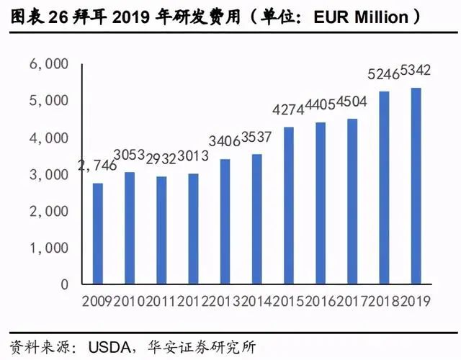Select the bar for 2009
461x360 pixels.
[97, 234]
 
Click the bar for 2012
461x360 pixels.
[193, 229]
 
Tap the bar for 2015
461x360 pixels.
[288, 206]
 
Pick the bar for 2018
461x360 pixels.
[384, 188]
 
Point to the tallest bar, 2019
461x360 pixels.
[416, 186]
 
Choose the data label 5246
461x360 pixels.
[382, 74]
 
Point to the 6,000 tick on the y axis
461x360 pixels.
[48, 65]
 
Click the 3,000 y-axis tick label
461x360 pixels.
[48, 175]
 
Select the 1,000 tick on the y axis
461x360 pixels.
[48, 248]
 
